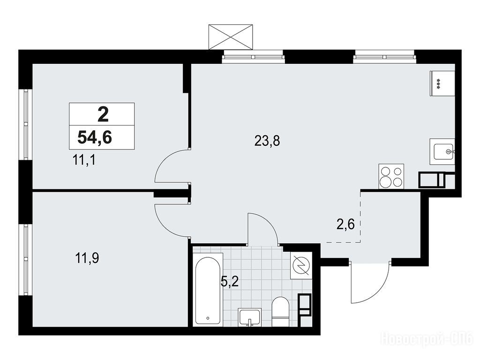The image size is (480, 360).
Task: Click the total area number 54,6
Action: pos(95,137)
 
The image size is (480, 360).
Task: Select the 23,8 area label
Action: pos(267,141)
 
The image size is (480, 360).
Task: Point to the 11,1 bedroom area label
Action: pos(84,160)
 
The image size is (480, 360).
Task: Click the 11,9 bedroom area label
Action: pos(87,258)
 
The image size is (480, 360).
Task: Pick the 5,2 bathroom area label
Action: pos(229,282)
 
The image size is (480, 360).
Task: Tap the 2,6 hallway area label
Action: pos(345,225)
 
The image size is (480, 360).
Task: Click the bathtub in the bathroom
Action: pos(208,290)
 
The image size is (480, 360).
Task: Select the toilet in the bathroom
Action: pos(280,312)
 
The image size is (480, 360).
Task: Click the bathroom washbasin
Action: pos(250,317)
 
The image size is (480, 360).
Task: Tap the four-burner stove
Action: pos(391,176)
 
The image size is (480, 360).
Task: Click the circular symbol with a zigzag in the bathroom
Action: pos(301,265)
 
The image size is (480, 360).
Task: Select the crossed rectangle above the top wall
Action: pos(232,37)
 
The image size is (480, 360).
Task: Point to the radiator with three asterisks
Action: pos(442,83)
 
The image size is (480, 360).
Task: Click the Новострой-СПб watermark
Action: pos(427,339)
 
